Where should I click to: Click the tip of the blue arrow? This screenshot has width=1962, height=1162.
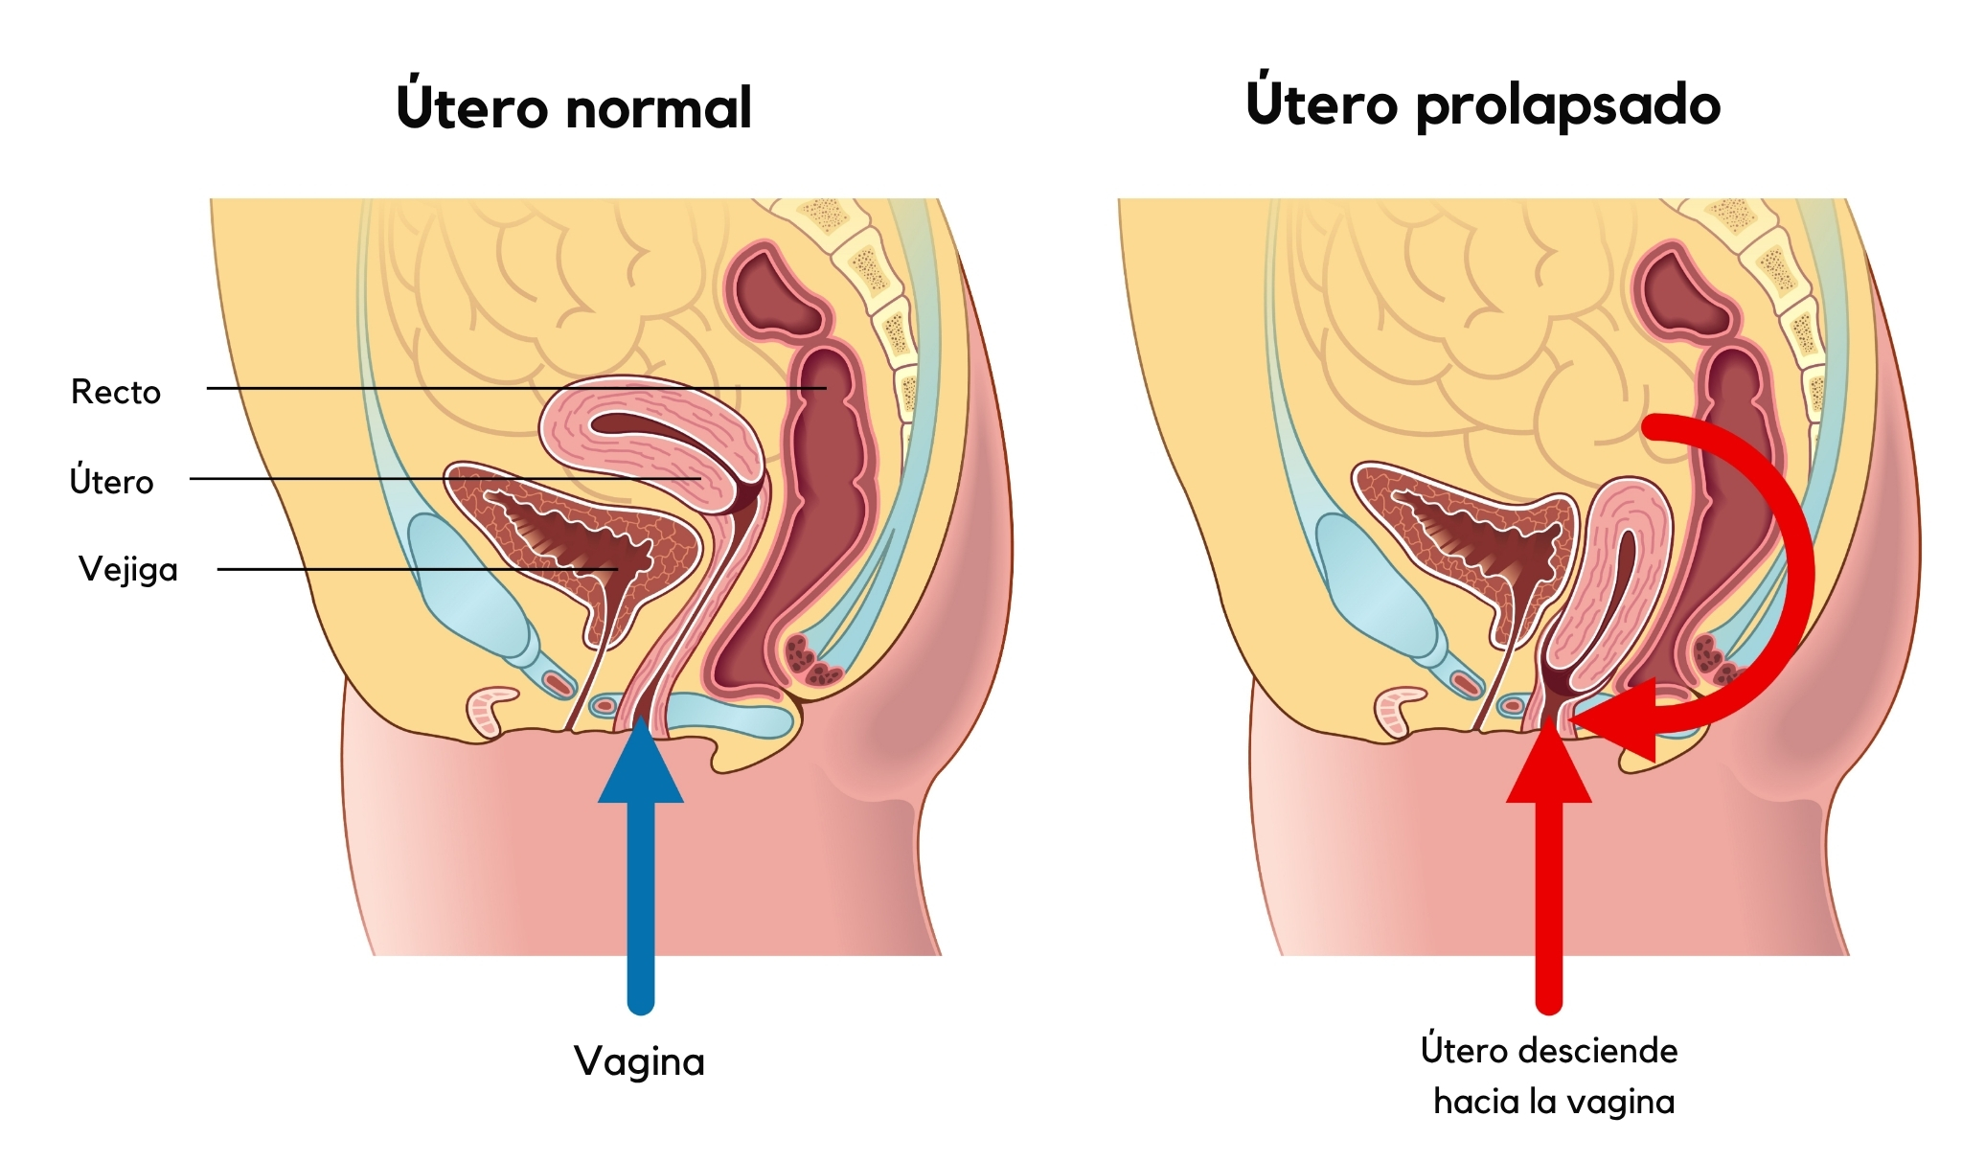pos(641,717)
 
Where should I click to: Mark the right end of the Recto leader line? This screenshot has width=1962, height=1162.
pos(826,388)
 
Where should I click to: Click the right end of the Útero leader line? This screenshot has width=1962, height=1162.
pos(700,478)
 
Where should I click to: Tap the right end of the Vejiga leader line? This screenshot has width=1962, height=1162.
pos(617,569)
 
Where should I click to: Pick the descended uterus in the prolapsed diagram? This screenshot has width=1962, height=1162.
pos(1609,584)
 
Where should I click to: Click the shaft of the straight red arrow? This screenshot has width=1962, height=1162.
pos(1549,906)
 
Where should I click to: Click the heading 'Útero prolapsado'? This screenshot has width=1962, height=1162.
pos(1483,103)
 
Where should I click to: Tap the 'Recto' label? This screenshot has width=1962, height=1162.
pos(116,392)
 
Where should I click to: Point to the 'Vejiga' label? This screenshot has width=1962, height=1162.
pos(128,570)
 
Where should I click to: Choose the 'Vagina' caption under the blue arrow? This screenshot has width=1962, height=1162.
pos(639,1061)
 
